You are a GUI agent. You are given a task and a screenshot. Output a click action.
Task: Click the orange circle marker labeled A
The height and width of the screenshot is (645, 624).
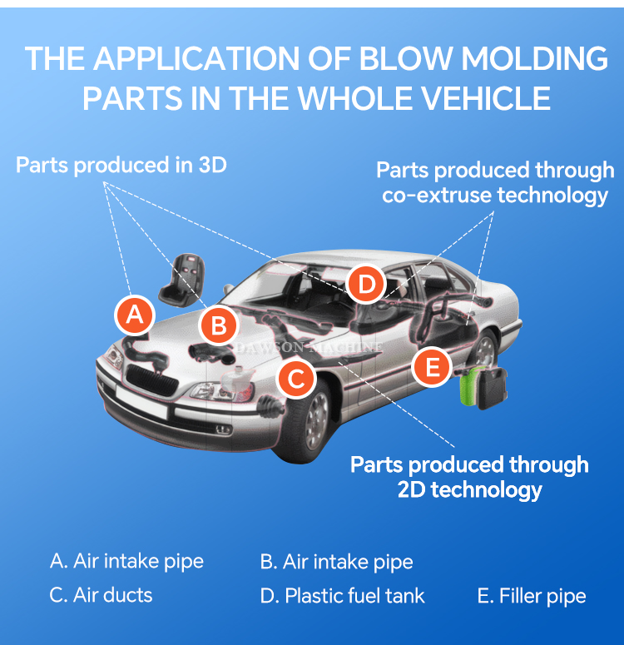coord(135,315)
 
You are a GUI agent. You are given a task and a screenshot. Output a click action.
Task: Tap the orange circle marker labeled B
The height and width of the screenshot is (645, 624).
coord(219,325)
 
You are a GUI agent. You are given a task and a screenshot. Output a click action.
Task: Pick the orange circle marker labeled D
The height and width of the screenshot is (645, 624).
coord(366,285)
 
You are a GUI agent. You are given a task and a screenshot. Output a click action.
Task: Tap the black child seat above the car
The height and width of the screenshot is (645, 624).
coord(185,276)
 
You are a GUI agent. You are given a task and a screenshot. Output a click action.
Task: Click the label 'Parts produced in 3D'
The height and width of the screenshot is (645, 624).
coord(121,165)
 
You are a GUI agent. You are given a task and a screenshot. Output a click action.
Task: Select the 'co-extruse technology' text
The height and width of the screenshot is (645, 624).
coord(495,196)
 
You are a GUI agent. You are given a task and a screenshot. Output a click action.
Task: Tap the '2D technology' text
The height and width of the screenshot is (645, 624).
coord(470,489)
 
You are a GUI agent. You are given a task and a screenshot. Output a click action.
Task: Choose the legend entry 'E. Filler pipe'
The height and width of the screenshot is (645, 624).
coord(532,596)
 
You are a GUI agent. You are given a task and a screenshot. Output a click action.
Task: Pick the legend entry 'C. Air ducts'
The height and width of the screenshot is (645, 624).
coord(101,596)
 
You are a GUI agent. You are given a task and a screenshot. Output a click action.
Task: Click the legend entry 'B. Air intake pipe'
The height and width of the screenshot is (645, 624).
coord(336,562)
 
